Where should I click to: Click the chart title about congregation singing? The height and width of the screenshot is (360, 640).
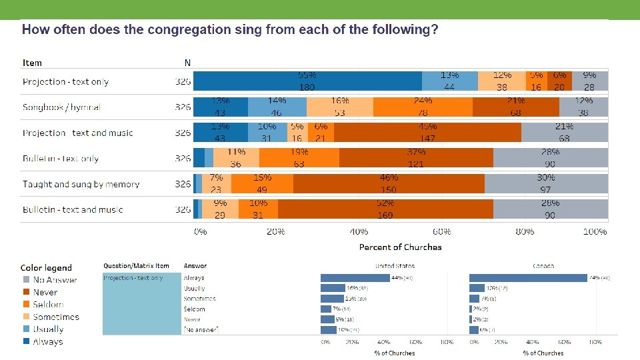230,30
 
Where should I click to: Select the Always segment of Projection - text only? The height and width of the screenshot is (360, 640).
307,81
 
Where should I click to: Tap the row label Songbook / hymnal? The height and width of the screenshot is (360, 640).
61,107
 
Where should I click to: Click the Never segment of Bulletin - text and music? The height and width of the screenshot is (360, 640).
385,209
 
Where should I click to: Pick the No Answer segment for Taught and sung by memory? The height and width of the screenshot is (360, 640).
546,183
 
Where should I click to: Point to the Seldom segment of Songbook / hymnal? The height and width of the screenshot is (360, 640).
423,107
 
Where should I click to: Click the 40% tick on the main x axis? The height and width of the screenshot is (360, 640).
359,232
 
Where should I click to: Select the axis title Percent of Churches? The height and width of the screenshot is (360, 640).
400,247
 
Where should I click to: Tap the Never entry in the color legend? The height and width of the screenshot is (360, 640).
45,292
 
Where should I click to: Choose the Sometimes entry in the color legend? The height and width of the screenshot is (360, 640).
56,317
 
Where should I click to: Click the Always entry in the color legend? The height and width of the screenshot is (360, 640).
48,341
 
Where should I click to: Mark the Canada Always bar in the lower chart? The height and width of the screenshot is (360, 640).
527,277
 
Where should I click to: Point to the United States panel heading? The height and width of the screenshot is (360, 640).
393,266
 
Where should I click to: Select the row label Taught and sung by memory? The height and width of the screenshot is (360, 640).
81,184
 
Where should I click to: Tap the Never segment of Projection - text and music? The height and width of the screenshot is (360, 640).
427,132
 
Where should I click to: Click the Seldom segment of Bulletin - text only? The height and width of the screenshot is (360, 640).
299,158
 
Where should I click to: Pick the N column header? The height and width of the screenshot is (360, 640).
187,63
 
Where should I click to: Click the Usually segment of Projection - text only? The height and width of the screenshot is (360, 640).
449,81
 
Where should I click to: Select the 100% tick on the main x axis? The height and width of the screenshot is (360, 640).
595,232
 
